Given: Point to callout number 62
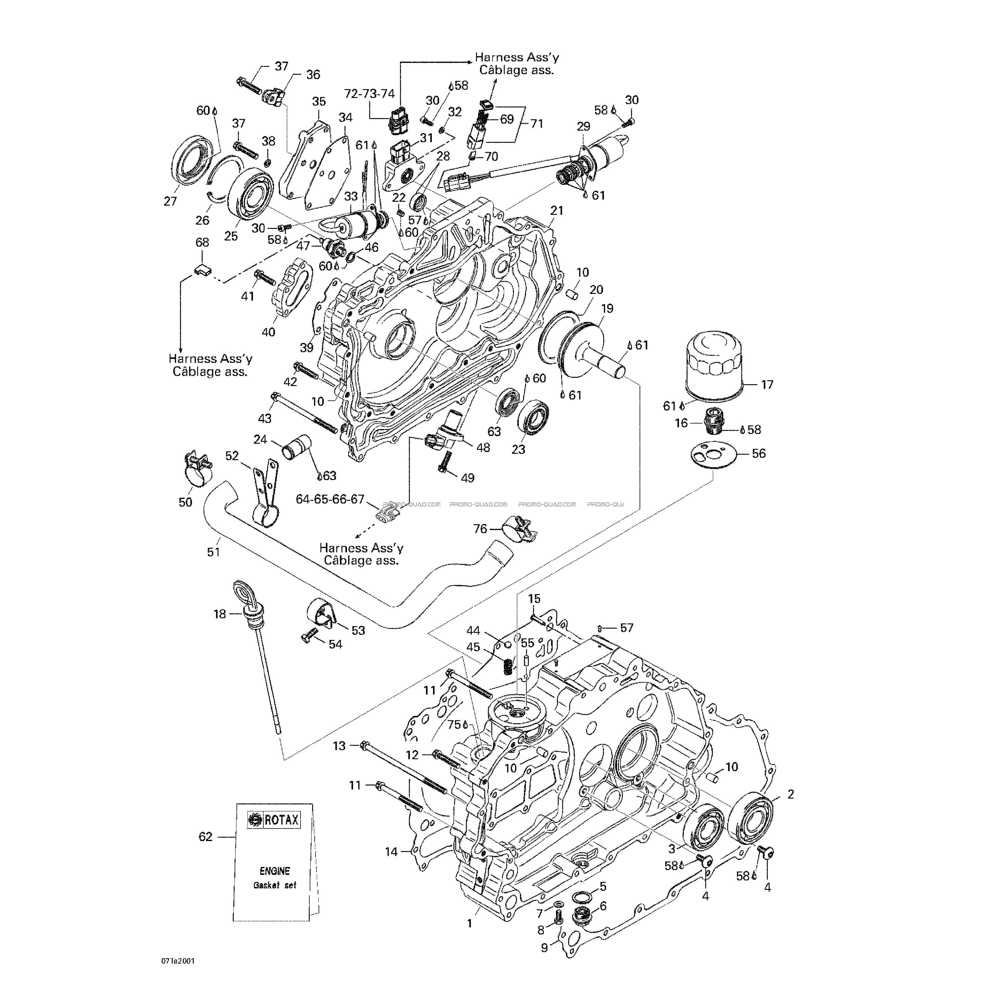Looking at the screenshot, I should coord(205,837).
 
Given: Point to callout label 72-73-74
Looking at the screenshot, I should coord(369,94).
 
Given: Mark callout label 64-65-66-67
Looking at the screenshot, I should coord(330,499).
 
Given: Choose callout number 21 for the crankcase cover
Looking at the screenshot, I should coord(557,210).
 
